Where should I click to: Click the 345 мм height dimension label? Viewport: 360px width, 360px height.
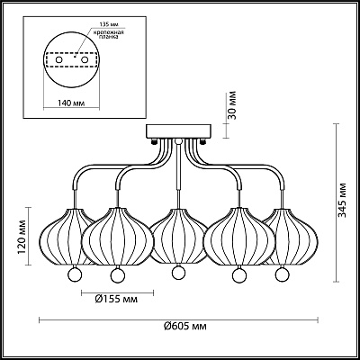(343, 219)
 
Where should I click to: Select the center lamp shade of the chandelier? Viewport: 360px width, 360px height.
(177, 237)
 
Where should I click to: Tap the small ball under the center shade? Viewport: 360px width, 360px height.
(178, 272)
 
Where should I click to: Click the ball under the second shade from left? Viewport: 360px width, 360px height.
(116, 274)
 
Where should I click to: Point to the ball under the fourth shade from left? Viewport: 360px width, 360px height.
(239, 274)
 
